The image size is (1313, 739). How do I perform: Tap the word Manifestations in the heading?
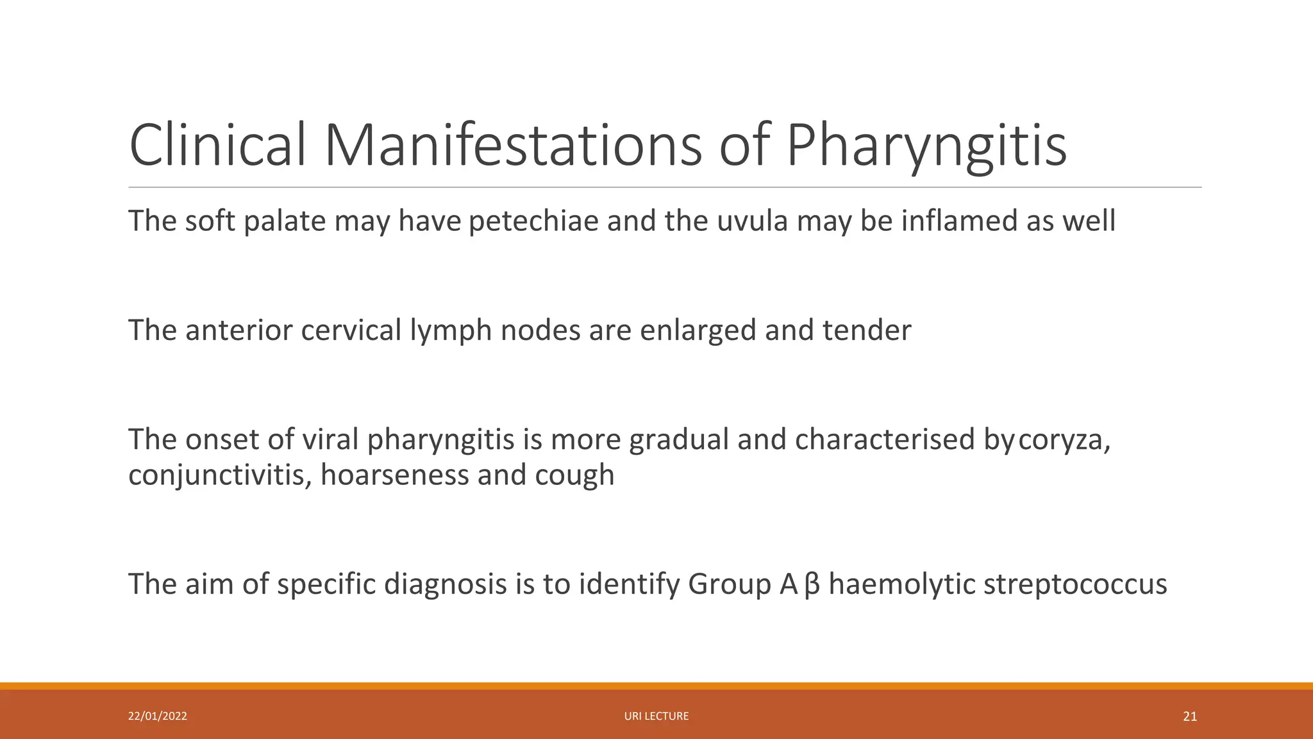(x=513, y=146)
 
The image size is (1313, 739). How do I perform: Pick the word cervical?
(x=351, y=330)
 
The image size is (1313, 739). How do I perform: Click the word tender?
(x=866, y=330)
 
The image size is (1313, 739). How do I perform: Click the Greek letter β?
(x=812, y=584)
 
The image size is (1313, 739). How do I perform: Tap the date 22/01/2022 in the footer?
(x=158, y=717)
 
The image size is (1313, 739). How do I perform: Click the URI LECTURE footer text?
(x=656, y=717)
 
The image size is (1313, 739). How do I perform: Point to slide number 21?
(x=1190, y=717)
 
